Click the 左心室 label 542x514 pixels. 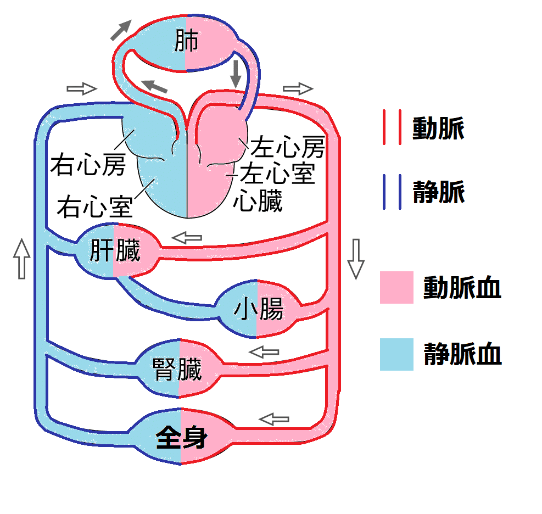[x=278, y=174]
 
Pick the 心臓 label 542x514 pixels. [x=258, y=201]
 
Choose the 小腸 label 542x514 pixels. [x=258, y=310]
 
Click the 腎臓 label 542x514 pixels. [x=178, y=370]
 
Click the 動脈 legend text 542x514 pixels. [x=438, y=129]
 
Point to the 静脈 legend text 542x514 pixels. [x=438, y=192]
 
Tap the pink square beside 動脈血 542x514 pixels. [x=396, y=287]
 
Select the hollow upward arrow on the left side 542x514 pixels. [x=21, y=258]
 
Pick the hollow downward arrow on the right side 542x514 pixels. [x=356, y=259]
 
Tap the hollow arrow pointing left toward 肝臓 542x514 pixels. [x=187, y=238]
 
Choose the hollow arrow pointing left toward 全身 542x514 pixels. [x=273, y=419]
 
